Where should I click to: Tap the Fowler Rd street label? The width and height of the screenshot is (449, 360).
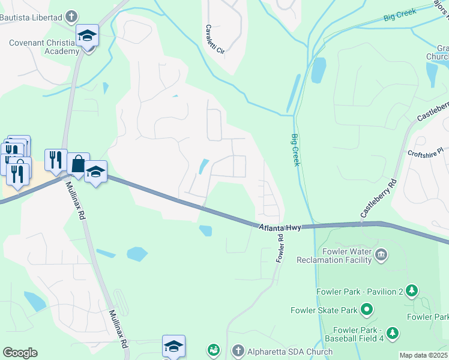pos(280,248)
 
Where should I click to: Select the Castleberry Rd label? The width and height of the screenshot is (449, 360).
pos(378,197)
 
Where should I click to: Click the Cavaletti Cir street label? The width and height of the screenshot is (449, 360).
pos(214,40)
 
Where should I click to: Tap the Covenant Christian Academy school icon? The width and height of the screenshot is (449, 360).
pos(87,37)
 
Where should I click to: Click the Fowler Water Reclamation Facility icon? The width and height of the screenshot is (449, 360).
pos(381,256)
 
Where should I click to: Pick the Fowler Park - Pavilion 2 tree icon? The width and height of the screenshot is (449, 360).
pos(411,292)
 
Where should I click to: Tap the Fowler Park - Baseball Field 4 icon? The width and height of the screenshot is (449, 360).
pos(393,332)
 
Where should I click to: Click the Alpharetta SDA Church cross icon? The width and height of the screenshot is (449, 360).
pos(238,350)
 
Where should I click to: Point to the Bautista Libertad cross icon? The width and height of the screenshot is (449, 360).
pos(71,16)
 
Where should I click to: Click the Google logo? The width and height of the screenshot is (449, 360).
pos(20,353)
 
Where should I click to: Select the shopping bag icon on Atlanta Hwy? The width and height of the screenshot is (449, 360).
pos(78,163)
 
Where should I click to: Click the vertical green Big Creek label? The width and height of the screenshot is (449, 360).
pos(295,150)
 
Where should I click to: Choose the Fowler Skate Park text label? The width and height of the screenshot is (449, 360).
pos(324,310)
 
